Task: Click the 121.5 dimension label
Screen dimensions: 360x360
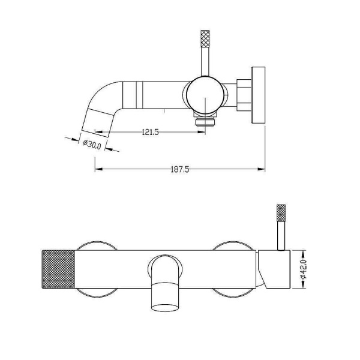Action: pos(151,132)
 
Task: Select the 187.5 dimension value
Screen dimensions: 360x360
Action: pos(180,169)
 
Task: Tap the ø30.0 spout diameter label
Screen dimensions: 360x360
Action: pos(92,145)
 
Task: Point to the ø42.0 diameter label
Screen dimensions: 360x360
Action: pos(304,269)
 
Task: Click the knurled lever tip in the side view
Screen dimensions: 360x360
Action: pos(205,38)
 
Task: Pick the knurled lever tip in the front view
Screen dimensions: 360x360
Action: pos(281,212)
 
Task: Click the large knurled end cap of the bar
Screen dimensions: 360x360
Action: pos(58,269)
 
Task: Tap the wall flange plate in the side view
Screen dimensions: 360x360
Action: pos(258,95)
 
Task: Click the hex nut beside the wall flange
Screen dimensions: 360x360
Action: pos(244,95)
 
